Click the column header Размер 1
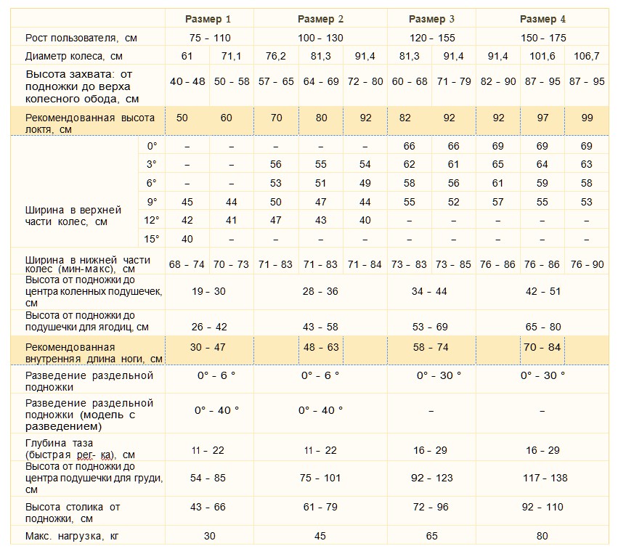click(x=208, y=19)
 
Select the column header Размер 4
click(x=542, y=19)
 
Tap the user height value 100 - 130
click(x=320, y=38)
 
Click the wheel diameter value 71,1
click(x=232, y=56)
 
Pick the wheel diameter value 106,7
click(x=587, y=56)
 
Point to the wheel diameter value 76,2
click(x=276, y=56)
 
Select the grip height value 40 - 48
click(x=187, y=81)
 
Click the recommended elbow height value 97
click(x=542, y=118)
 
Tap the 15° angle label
click(x=152, y=239)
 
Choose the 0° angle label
click(x=152, y=146)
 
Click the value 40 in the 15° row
click(x=187, y=239)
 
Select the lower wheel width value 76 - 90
click(x=587, y=264)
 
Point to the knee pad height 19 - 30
click(x=209, y=291)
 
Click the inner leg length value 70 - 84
click(x=542, y=347)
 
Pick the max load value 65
click(x=432, y=536)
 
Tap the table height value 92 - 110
click(x=542, y=507)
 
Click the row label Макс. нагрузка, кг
click(x=72, y=536)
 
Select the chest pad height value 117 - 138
click(x=545, y=478)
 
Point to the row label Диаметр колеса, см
click(x=73, y=56)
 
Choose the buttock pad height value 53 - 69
click(x=430, y=327)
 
